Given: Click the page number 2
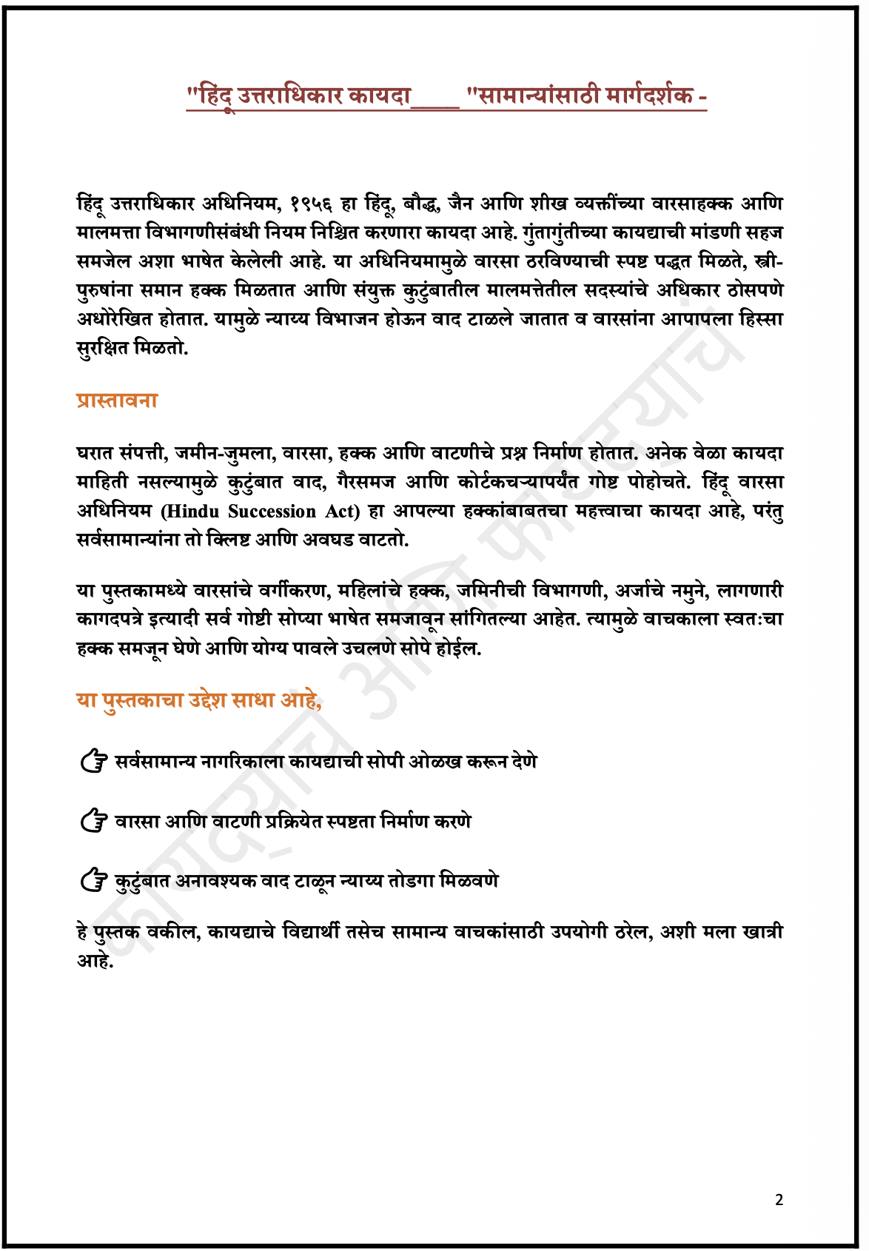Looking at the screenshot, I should click(779, 1200).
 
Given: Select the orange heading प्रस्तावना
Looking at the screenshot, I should click(117, 400).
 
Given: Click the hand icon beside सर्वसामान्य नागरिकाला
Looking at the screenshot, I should click(94, 761).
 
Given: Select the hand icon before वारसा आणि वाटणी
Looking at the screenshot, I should click(94, 821).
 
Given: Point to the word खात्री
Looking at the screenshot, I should click(759, 932).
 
